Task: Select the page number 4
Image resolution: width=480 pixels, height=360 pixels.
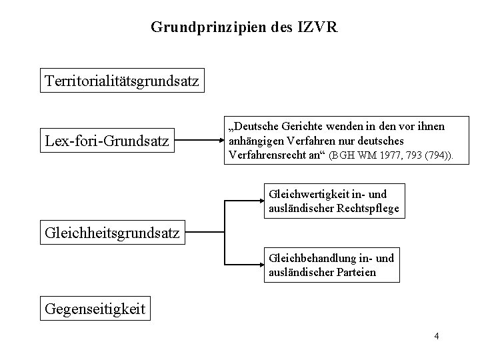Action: coord(436,336)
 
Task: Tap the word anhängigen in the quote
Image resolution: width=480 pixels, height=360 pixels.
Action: coord(254,141)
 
